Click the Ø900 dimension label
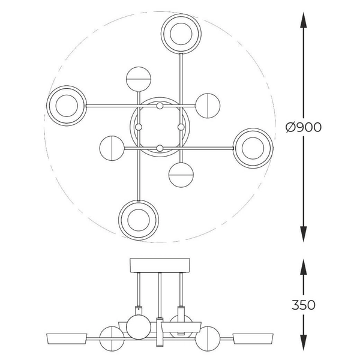(x=303, y=127)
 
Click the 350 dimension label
(x=303, y=305)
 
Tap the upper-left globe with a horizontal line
(x=139, y=79)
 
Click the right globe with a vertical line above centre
(x=208, y=106)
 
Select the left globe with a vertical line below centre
(x=112, y=148)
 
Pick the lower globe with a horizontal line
(x=181, y=175)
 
